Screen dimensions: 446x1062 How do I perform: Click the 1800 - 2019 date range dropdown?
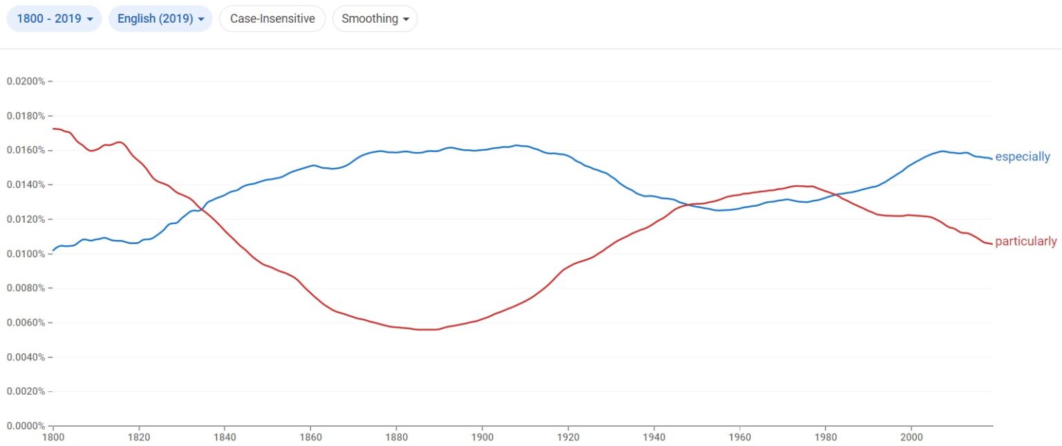[x=54, y=19]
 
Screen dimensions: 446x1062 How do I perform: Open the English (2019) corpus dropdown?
[x=160, y=19]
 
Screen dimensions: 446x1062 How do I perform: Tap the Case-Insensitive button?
[x=272, y=19]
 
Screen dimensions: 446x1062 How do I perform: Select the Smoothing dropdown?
[x=375, y=19]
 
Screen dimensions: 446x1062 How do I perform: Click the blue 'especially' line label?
[x=1022, y=157]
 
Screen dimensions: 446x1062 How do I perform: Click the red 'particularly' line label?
[x=1025, y=241]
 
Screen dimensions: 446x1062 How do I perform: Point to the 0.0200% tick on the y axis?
[x=26, y=82]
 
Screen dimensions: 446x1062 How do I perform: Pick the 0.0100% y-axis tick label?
[x=26, y=254]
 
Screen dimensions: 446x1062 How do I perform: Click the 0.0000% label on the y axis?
[x=26, y=426]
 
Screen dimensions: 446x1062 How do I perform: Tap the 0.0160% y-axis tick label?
[x=26, y=150]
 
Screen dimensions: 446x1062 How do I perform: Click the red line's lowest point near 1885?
[x=422, y=330]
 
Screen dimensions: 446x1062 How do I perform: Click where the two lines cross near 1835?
[x=203, y=208]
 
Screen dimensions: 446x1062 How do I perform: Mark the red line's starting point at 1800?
[x=53, y=129]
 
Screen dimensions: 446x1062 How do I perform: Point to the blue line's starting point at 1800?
[x=53, y=250]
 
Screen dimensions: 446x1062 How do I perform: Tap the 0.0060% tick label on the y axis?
[x=26, y=323]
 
